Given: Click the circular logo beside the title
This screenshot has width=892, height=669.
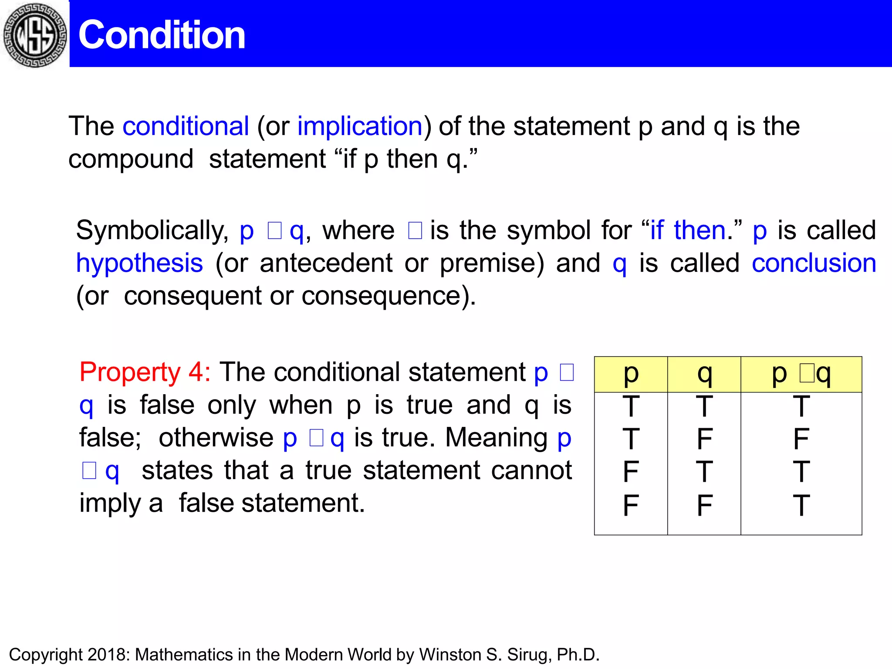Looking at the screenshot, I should coord(35,35).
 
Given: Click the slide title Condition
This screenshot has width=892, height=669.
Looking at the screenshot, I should coord(162,35).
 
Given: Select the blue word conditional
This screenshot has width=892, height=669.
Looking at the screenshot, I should coord(186,126).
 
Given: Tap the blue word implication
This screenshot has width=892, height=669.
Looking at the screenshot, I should coord(360,126).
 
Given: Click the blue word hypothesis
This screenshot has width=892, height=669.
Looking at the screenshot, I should coord(139,263).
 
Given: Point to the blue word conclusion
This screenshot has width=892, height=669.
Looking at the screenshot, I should coord(814,263).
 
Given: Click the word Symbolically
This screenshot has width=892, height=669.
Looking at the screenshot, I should coord(152,230).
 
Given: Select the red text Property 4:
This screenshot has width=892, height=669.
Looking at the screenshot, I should coord(145,372).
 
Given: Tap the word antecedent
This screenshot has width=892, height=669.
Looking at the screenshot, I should coord(326,263).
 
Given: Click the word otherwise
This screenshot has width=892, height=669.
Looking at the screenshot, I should coord(216,437).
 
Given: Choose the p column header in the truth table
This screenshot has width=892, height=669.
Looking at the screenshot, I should coord(631,374).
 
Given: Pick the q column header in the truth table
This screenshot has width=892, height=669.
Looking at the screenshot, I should coord(704,374).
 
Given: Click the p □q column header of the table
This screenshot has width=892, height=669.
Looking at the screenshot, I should coord(801,374).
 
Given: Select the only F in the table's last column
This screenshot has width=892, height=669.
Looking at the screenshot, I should coord(801,439).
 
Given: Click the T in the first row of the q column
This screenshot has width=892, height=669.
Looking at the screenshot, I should coord(704,406).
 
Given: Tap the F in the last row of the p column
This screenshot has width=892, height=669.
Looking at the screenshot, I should coord(631,505).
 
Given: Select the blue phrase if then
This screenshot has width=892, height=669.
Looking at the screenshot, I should coord(688,230).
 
